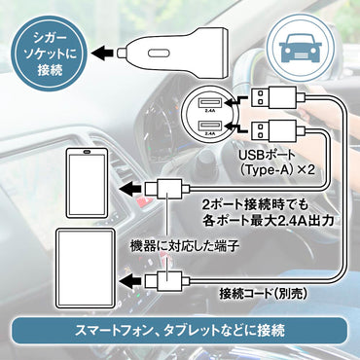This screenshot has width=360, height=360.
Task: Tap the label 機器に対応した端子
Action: click(x=185, y=250)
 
